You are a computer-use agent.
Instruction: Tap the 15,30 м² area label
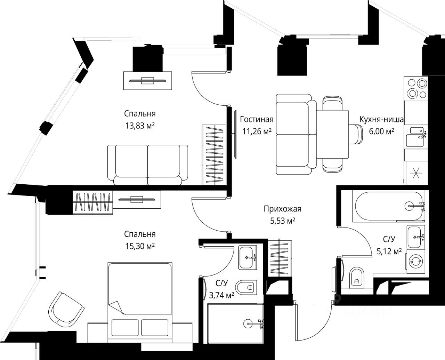(140, 246)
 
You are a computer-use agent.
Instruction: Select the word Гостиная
(257, 120)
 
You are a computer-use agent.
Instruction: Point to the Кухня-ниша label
(381, 120)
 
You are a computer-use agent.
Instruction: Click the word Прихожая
(282, 209)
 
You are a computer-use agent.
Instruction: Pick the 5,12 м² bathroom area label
(389, 250)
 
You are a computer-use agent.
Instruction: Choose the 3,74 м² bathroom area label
(221, 295)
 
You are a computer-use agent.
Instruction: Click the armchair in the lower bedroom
(66, 308)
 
